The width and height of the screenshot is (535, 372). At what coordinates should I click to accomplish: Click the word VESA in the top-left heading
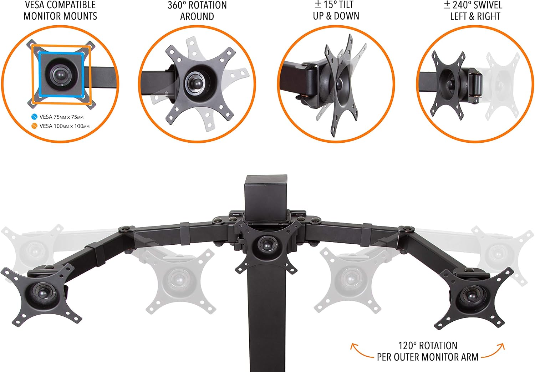tap(34, 5)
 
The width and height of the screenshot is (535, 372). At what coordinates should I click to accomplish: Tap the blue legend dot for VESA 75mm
tap(34, 117)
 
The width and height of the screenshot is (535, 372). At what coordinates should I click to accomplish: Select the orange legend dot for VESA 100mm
tap(34, 126)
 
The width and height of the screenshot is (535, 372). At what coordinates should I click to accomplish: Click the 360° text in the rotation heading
tap(177, 5)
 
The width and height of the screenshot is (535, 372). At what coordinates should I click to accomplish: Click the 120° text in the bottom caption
tap(407, 346)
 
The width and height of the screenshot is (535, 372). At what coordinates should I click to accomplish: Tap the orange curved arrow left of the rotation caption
tap(360, 352)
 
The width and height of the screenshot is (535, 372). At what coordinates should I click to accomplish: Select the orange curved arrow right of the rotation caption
tap(494, 352)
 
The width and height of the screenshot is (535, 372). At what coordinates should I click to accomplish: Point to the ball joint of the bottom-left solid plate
tap(43, 293)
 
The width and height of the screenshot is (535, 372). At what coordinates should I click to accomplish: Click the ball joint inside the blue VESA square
tap(60, 75)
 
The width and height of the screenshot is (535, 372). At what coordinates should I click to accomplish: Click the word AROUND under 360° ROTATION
tap(197, 16)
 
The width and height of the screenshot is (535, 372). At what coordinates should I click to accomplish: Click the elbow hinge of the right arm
tap(407, 229)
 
